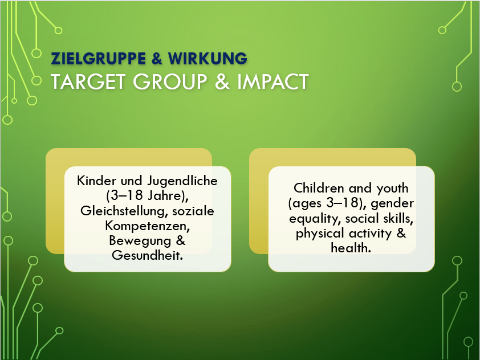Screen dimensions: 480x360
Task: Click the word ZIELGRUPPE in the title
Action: pos(98,59)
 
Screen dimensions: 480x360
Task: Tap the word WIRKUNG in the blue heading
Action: pos(208,59)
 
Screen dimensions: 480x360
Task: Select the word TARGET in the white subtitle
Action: pos(88,81)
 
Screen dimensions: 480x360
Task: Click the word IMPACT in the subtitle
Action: pos(272,81)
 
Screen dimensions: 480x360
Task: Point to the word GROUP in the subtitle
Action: pos(170,81)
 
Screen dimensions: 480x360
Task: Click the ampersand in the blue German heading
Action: pos(156,59)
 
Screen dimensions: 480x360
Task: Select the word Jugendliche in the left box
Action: pos(182,181)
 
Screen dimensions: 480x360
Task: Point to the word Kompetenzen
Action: pos(148,226)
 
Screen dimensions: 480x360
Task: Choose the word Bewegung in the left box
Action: pos(140,241)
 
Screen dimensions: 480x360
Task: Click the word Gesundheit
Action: pos(147,255)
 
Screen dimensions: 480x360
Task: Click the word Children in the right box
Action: pos(319,188)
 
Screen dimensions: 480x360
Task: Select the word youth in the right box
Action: pos(392,189)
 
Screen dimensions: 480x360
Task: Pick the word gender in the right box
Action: pos(392,204)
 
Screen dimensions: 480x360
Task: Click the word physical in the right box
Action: pos(320,234)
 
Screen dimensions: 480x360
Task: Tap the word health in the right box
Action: pos(351,248)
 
